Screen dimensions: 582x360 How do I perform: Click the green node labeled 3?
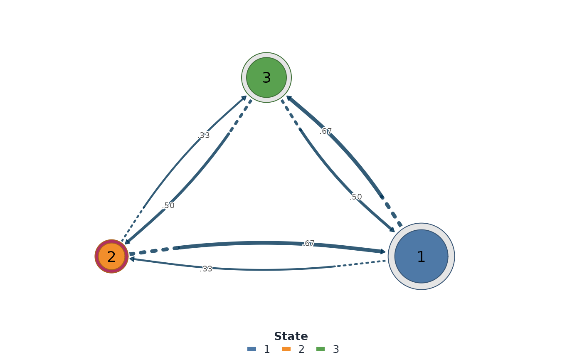point(266,77)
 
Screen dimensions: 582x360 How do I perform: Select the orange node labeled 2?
point(111,256)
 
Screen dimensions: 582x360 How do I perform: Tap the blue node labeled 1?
point(421,256)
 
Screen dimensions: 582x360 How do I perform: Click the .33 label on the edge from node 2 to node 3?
point(203,136)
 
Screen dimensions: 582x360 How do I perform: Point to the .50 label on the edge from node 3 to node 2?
point(168,206)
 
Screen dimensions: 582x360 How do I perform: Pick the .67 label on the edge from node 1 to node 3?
point(326,131)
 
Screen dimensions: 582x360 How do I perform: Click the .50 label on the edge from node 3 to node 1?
point(356,197)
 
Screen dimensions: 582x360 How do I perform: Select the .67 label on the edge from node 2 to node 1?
point(308,244)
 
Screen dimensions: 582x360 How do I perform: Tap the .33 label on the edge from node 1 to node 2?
point(206,269)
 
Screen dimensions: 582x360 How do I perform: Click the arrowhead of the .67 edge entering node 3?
point(289,98)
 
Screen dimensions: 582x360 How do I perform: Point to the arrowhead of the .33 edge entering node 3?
point(244,98)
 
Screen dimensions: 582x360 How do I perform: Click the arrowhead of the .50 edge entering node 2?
point(127,242)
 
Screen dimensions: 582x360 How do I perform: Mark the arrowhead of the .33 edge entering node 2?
point(132,259)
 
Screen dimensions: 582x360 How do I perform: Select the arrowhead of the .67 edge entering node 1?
point(383,252)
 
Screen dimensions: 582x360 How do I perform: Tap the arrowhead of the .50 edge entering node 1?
point(392,229)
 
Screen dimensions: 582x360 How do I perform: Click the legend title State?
point(291,336)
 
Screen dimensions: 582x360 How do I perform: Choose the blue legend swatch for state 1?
point(252,349)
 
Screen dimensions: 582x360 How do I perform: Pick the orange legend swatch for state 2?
point(286,349)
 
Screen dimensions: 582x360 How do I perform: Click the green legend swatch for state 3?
point(321,349)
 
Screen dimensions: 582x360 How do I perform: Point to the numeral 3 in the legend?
point(336,349)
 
